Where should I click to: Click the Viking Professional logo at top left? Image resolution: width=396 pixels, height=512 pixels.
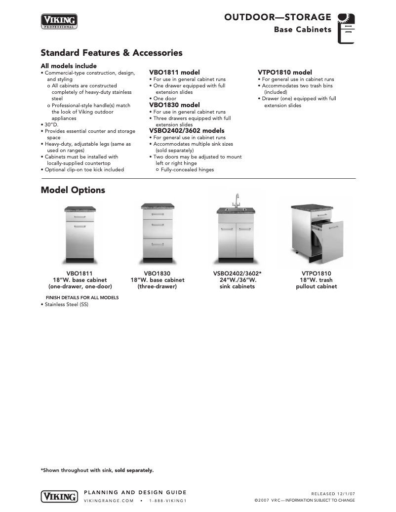[59, 22]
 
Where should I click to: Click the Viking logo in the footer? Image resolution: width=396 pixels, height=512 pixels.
[59, 496]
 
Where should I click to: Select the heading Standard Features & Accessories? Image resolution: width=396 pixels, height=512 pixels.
[111, 53]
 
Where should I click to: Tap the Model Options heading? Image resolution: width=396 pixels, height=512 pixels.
[73, 190]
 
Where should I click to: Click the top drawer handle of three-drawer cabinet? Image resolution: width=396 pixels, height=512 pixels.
[158, 215]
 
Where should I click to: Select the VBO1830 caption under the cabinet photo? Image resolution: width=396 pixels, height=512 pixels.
[157, 274]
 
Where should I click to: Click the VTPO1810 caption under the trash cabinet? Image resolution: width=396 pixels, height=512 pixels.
[316, 274]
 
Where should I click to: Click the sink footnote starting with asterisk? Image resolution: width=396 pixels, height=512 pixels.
[97, 470]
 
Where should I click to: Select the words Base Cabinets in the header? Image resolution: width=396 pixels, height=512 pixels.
[303, 30]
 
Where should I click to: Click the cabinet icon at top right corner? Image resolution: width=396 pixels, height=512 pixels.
[346, 28]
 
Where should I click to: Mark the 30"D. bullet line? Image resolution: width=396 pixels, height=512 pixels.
[51, 124]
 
